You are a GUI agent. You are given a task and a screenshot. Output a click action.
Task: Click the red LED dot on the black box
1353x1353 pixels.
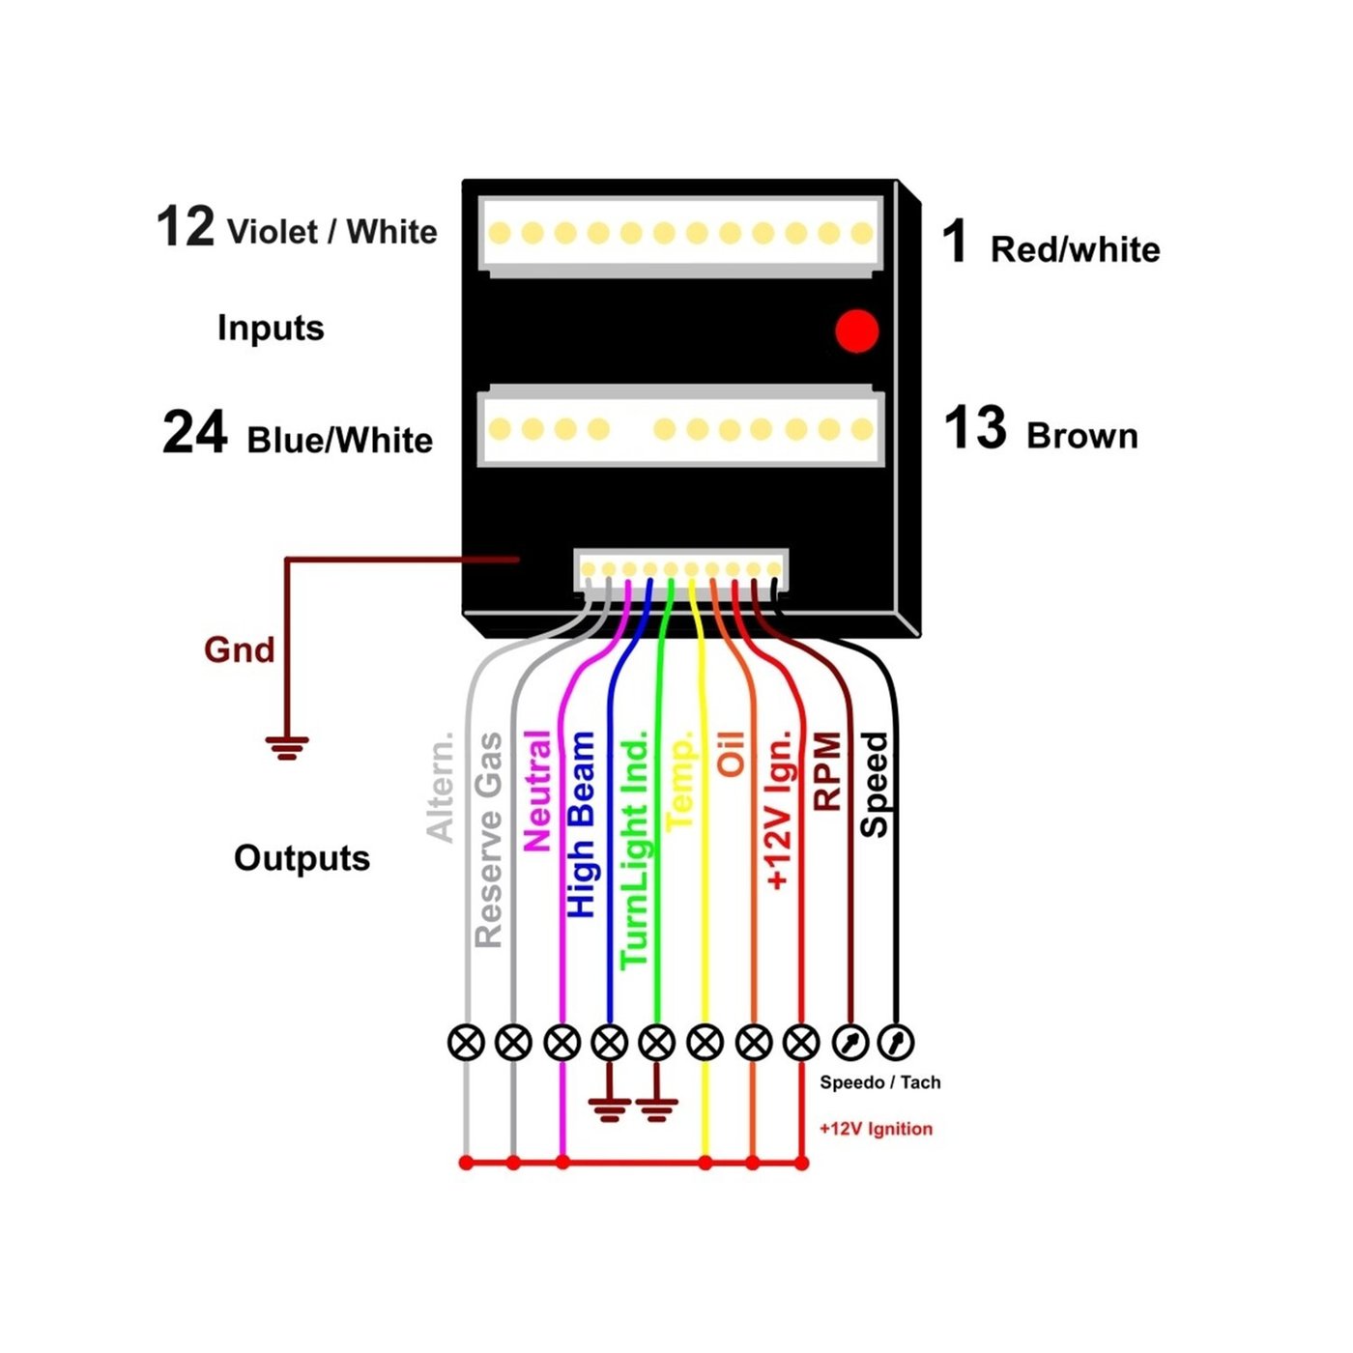click(x=857, y=331)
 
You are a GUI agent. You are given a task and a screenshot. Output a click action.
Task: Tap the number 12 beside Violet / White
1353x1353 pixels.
click(x=185, y=227)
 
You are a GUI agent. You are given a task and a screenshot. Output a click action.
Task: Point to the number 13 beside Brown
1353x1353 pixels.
click(x=975, y=428)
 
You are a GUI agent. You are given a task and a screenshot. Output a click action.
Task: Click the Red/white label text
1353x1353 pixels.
click(x=1075, y=249)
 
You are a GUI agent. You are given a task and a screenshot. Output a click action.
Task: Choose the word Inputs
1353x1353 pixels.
click(x=271, y=328)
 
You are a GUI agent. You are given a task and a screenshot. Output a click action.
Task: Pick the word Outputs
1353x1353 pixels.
click(x=302, y=858)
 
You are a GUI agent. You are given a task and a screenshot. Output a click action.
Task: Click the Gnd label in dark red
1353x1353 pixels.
click(x=239, y=649)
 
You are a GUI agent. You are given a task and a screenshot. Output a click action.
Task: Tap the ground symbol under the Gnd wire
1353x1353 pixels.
click(x=287, y=748)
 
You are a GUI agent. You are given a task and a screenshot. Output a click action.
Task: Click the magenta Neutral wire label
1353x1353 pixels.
click(x=536, y=791)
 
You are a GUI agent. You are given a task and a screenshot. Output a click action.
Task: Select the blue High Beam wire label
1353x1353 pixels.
click(x=581, y=824)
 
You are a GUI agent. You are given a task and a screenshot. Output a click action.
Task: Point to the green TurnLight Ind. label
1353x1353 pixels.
click(x=634, y=853)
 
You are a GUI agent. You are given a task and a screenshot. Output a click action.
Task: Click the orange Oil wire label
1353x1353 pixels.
click(x=731, y=754)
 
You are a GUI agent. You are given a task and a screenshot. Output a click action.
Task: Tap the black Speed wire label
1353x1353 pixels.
click(x=874, y=784)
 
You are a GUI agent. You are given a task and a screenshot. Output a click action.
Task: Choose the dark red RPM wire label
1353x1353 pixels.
click(x=828, y=770)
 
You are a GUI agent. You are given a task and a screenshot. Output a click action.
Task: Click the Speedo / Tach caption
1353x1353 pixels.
click(x=879, y=1082)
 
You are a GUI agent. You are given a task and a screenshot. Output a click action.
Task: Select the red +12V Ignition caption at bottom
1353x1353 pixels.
click(x=876, y=1129)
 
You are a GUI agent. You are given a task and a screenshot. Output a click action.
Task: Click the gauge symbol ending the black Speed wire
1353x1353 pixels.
click(x=897, y=1042)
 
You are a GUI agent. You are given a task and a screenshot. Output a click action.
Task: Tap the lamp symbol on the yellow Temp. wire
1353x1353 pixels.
click(x=705, y=1043)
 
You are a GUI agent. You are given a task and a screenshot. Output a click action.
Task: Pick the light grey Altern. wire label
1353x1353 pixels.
click(x=441, y=787)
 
